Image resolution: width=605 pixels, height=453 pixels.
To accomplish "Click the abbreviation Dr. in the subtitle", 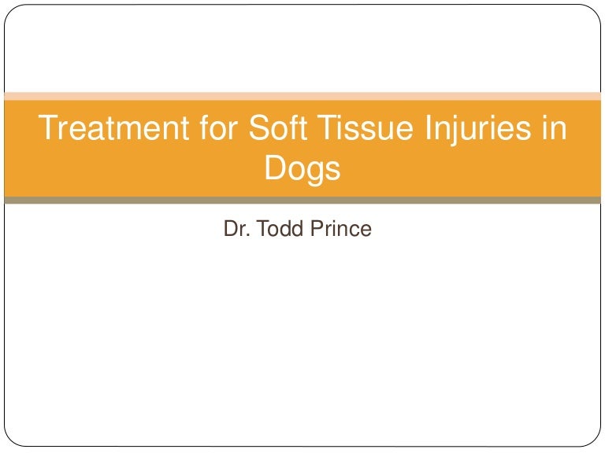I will click(236, 230).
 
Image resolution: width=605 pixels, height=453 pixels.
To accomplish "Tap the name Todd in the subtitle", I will click(273, 230).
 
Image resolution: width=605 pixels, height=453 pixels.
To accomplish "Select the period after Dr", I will click(245, 236).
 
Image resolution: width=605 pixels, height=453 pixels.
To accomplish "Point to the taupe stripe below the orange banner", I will click(302, 200).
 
